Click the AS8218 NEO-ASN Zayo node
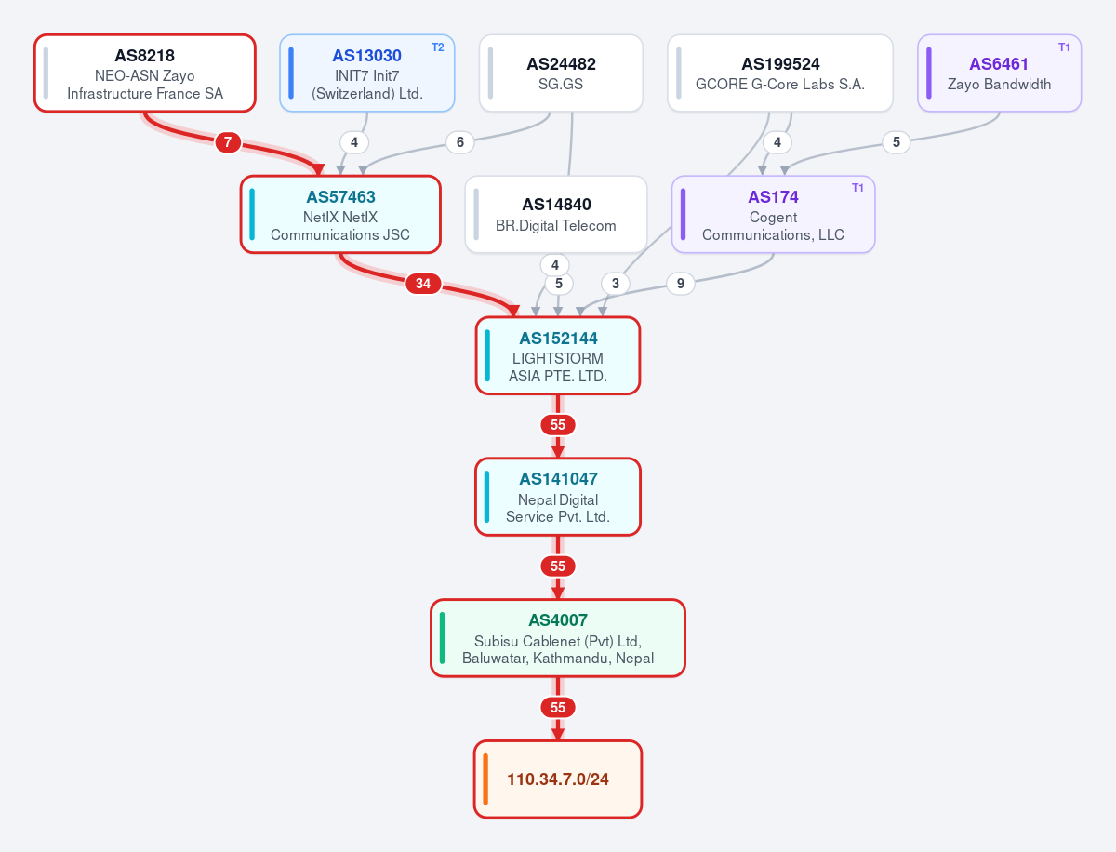(145, 73)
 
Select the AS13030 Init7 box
(367, 73)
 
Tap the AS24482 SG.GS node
(561, 73)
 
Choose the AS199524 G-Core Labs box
(780, 73)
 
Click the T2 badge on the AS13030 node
(438, 47)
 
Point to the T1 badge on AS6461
(1064, 47)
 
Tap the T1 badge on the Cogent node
(857, 188)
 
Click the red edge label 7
(228, 141)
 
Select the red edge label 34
(423, 283)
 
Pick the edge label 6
(460, 141)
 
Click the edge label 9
(680, 283)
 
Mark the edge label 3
(616, 283)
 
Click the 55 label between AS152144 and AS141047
(558, 424)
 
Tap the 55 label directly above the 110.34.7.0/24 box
(558, 707)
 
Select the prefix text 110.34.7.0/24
(558, 779)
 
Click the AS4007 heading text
(558, 619)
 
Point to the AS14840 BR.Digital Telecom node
(556, 214)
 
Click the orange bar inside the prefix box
(485, 779)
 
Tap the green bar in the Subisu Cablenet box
(442, 638)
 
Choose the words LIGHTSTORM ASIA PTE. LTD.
(558, 367)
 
